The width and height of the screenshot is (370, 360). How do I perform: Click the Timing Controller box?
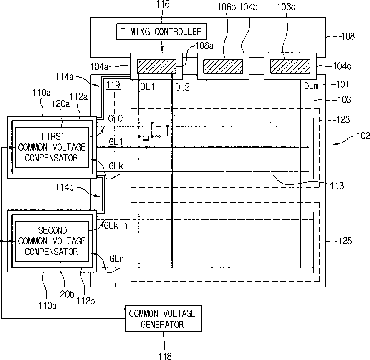tap(161, 31)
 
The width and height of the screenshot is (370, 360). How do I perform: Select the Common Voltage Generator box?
tap(162, 318)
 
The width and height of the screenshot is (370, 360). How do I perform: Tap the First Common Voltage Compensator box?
tap(52, 146)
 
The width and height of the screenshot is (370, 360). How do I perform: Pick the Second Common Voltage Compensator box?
tap(52, 241)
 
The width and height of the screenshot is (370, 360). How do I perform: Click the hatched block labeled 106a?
tap(156, 66)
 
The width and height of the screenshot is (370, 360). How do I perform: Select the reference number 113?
tap(336, 186)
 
